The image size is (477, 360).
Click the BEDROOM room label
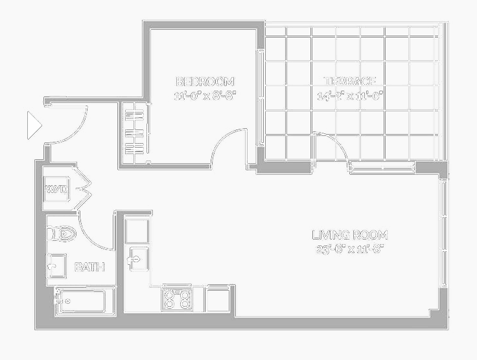205,82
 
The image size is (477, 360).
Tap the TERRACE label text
350,82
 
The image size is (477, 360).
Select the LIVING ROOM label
350,235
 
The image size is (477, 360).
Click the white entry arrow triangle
34,125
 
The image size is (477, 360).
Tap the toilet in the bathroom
64,233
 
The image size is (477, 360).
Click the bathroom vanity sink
56,264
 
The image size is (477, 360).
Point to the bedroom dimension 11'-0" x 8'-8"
205,96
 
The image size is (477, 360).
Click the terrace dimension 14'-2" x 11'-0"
350,96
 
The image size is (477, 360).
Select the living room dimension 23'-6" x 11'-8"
350,249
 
